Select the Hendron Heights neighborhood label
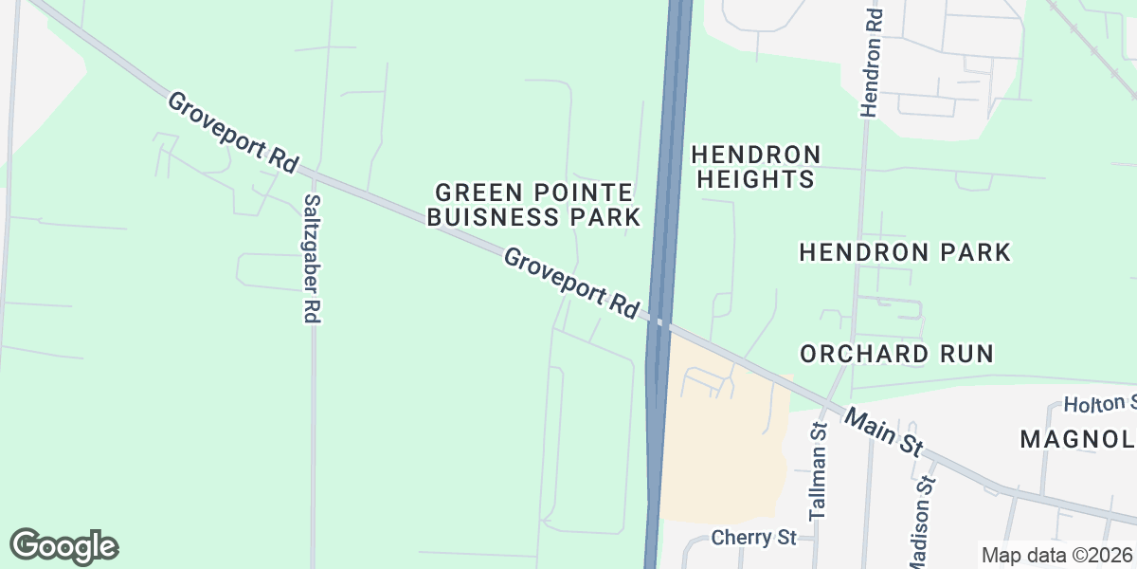pos(755,166)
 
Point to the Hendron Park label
pos(905,252)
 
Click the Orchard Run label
pos(896,354)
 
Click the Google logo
pos(64,546)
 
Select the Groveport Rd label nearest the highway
pos(571,283)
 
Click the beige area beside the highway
pos(725,446)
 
